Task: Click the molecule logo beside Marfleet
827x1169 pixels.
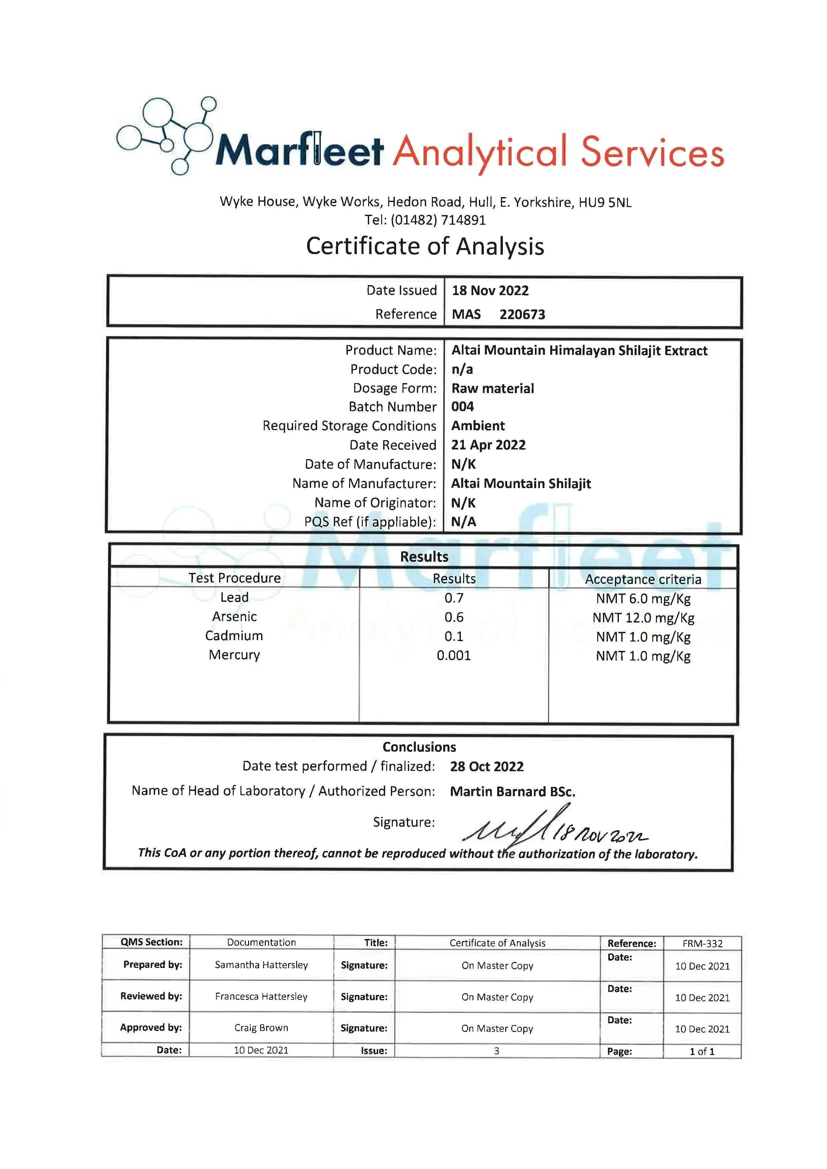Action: pos(165,135)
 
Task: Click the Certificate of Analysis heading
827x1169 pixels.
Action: pos(425,246)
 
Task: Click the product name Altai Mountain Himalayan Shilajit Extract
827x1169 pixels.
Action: pos(579,350)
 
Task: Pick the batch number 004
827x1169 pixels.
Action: pos(463,406)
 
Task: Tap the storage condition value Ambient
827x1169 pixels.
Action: pos(478,426)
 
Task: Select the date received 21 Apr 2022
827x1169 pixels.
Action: pos(488,445)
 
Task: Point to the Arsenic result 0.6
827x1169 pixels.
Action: pos(454,617)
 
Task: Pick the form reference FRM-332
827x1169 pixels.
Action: pos(702,944)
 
